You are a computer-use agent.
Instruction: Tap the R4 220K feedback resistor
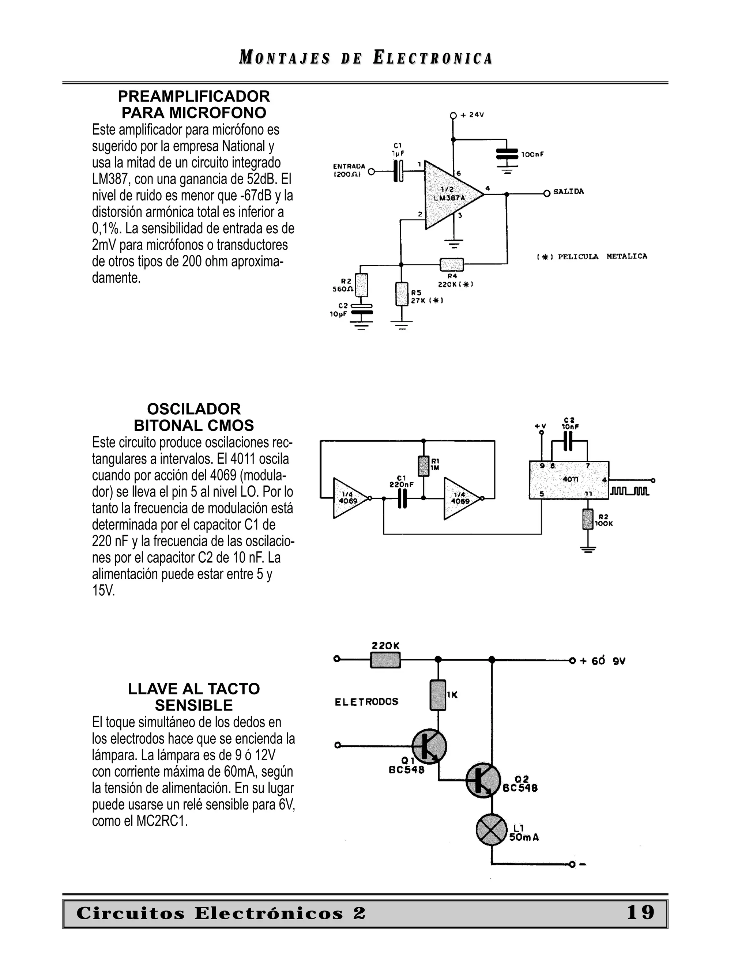tap(451, 264)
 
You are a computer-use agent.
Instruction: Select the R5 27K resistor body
tap(402, 294)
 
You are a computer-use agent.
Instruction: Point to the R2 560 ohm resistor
tap(362, 285)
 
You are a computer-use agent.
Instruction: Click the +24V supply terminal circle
tap(453, 115)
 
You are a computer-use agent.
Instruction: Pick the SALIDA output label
tap(568, 192)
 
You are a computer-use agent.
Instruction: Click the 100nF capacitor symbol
tap(507, 154)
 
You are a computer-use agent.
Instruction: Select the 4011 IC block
tap(568, 480)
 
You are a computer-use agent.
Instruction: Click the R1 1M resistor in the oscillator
tap(424, 466)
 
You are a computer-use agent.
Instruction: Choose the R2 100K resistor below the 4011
tap(588, 520)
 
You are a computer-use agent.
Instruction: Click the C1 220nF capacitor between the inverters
tap(402, 498)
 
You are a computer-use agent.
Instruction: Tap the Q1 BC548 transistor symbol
tap(429, 746)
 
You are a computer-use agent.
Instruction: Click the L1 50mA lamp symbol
tap(492, 830)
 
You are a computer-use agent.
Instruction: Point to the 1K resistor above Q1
tap(438, 695)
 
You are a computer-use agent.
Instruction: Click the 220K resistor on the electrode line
tap(385, 660)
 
